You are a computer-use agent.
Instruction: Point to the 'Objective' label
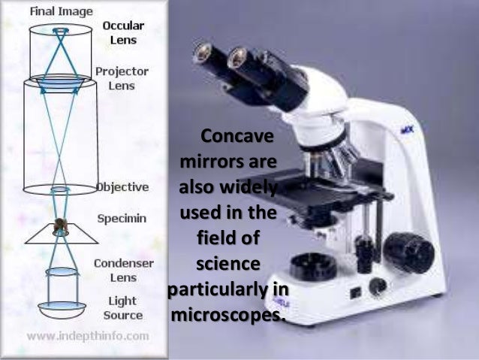click(122, 186)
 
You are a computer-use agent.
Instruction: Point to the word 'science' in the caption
click(228, 264)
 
